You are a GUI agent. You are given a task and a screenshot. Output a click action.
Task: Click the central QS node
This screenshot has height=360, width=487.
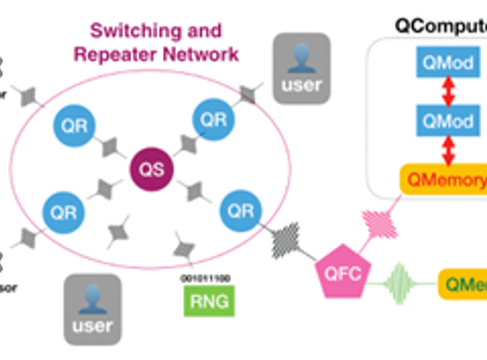point(151,170)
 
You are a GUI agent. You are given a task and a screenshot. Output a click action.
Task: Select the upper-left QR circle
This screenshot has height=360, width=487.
point(74,125)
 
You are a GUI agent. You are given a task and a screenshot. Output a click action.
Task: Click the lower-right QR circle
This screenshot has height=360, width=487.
point(240,210)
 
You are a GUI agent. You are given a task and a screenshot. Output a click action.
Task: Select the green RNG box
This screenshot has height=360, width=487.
point(209,300)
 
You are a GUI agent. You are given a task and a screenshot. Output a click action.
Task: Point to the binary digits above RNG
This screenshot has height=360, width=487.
point(206,278)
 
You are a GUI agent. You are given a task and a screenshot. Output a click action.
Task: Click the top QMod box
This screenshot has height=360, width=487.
point(447,64)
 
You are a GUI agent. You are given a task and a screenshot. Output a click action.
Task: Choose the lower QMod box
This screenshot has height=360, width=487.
point(447,120)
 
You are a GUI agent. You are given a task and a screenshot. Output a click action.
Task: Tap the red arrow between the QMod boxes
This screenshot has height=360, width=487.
point(448,93)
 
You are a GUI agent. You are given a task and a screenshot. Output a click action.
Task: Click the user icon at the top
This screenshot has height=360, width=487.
point(301,68)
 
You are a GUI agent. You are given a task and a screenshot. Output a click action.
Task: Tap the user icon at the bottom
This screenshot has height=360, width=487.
point(92,309)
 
